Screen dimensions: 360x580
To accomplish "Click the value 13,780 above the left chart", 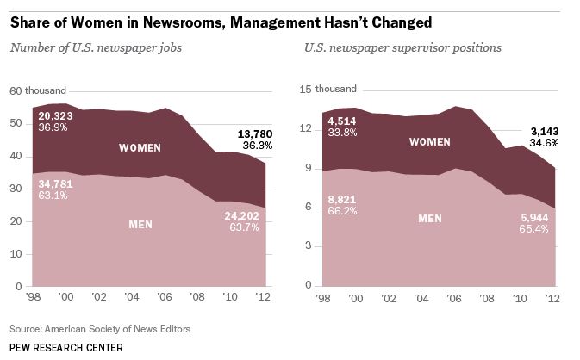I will [257, 134].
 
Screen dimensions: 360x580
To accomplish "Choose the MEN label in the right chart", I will [431, 219].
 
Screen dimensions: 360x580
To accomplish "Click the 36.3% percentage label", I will [257, 146].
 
